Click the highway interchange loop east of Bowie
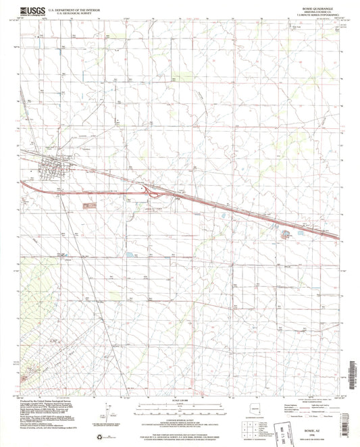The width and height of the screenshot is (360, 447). coord(155,194)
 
